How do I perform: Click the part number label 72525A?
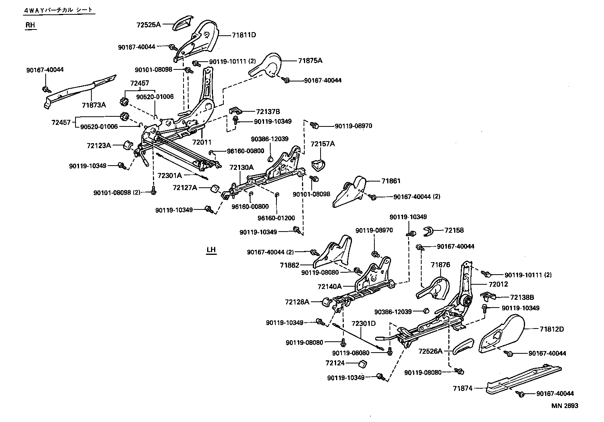tap(148, 24)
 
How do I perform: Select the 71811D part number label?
tap(244, 35)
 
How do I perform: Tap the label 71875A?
tap(310, 61)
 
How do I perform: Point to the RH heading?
tap(30, 25)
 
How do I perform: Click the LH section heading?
tap(211, 249)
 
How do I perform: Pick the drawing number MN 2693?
tap(565, 406)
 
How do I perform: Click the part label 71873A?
tap(94, 105)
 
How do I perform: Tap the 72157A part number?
tap(323, 144)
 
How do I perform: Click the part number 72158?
tap(454, 230)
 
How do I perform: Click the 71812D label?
tap(552, 329)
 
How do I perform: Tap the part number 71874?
tap(463, 388)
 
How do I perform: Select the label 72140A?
tap(329, 287)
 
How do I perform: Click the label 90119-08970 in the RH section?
tap(353, 126)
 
